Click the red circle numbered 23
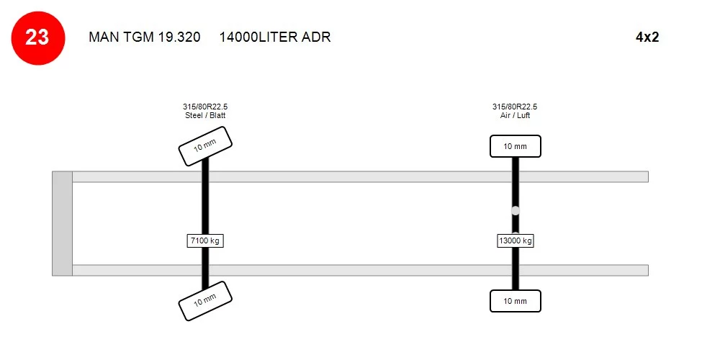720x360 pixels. tap(37, 38)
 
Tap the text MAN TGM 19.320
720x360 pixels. tap(145, 37)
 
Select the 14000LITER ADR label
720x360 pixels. tap(275, 37)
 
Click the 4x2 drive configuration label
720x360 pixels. tap(647, 37)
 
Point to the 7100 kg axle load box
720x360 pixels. tap(205, 240)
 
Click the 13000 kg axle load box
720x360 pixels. tap(516, 240)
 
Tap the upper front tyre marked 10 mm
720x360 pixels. tap(204, 146)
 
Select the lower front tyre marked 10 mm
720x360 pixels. tap(204, 301)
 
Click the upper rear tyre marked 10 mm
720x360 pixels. tap(516, 146)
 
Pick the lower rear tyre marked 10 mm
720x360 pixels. tap(516, 301)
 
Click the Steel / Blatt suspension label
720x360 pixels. tap(205, 116)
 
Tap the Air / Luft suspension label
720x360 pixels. tap(516, 116)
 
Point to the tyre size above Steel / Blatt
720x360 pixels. tap(205, 107)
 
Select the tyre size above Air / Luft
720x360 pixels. tap(515, 107)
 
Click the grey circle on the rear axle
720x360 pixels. tap(516, 211)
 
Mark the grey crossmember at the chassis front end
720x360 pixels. tap(62, 224)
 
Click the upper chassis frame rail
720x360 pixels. tap(361, 177)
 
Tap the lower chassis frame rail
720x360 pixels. tap(361, 271)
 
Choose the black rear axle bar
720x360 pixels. tap(516, 184)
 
